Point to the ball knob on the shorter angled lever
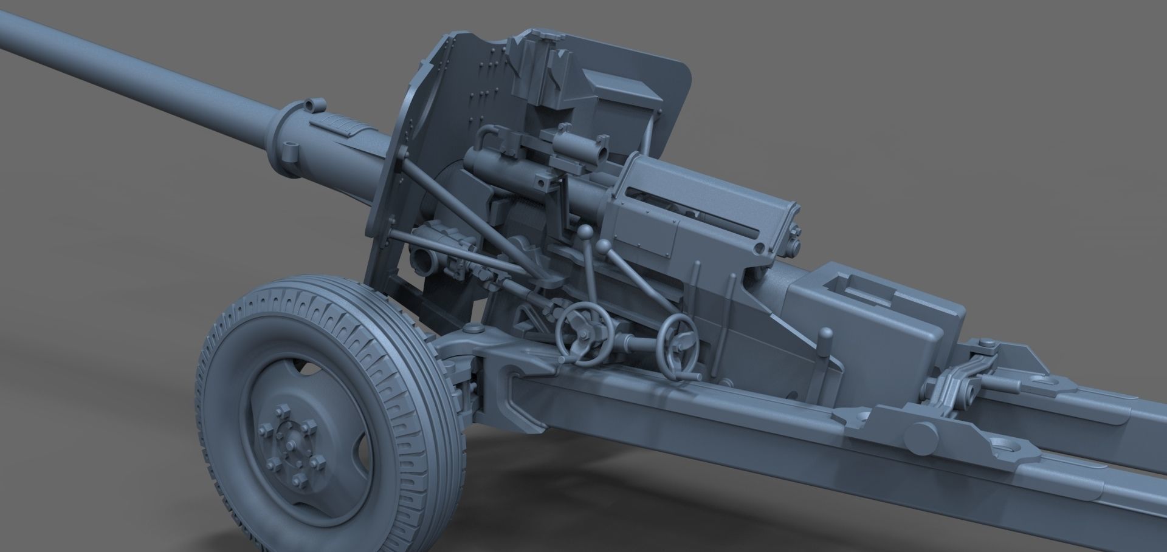[x=604, y=246]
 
